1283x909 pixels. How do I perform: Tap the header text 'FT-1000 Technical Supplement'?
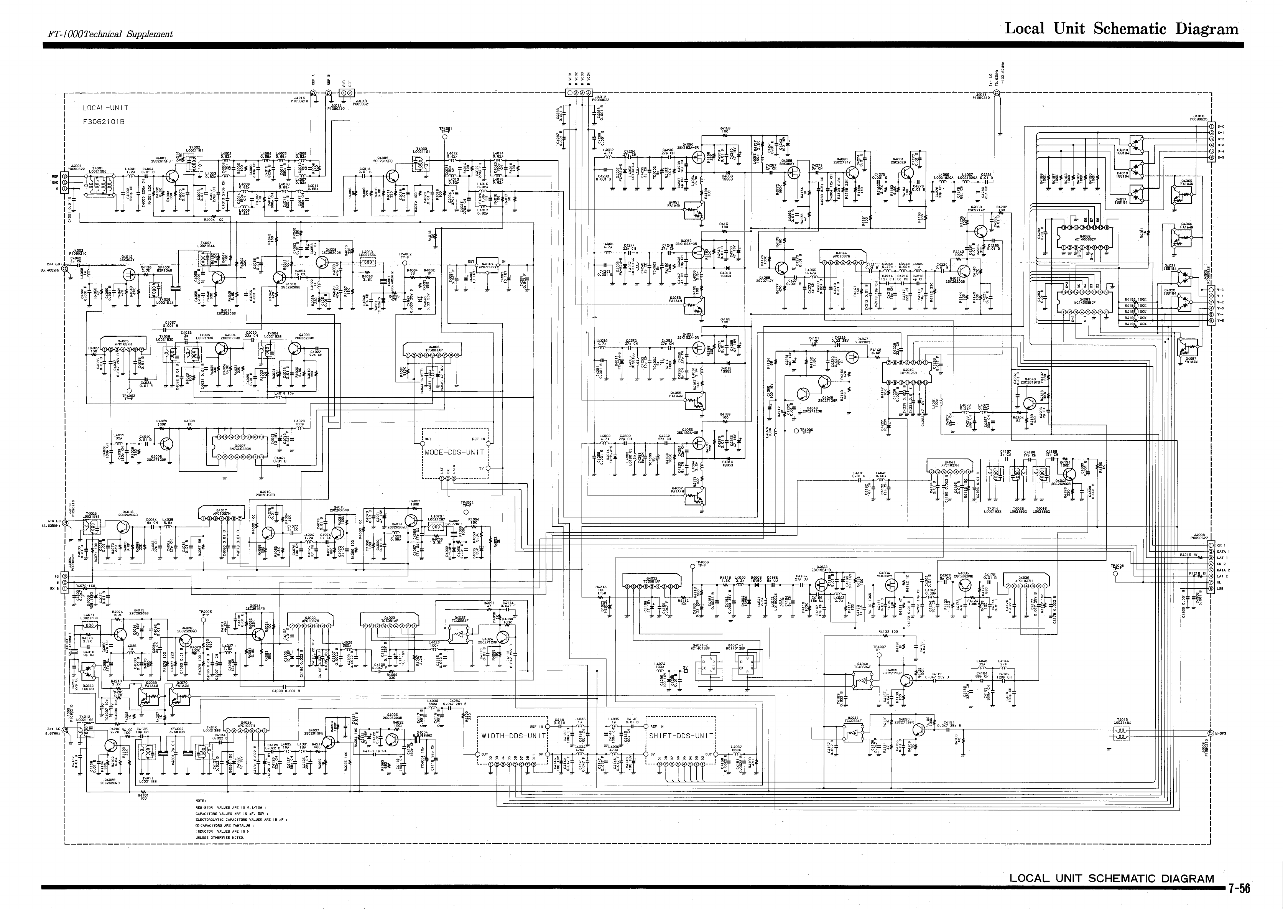tap(110, 34)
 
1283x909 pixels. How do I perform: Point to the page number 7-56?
tap(1239, 889)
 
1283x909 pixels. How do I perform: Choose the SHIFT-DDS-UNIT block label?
tap(681, 736)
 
